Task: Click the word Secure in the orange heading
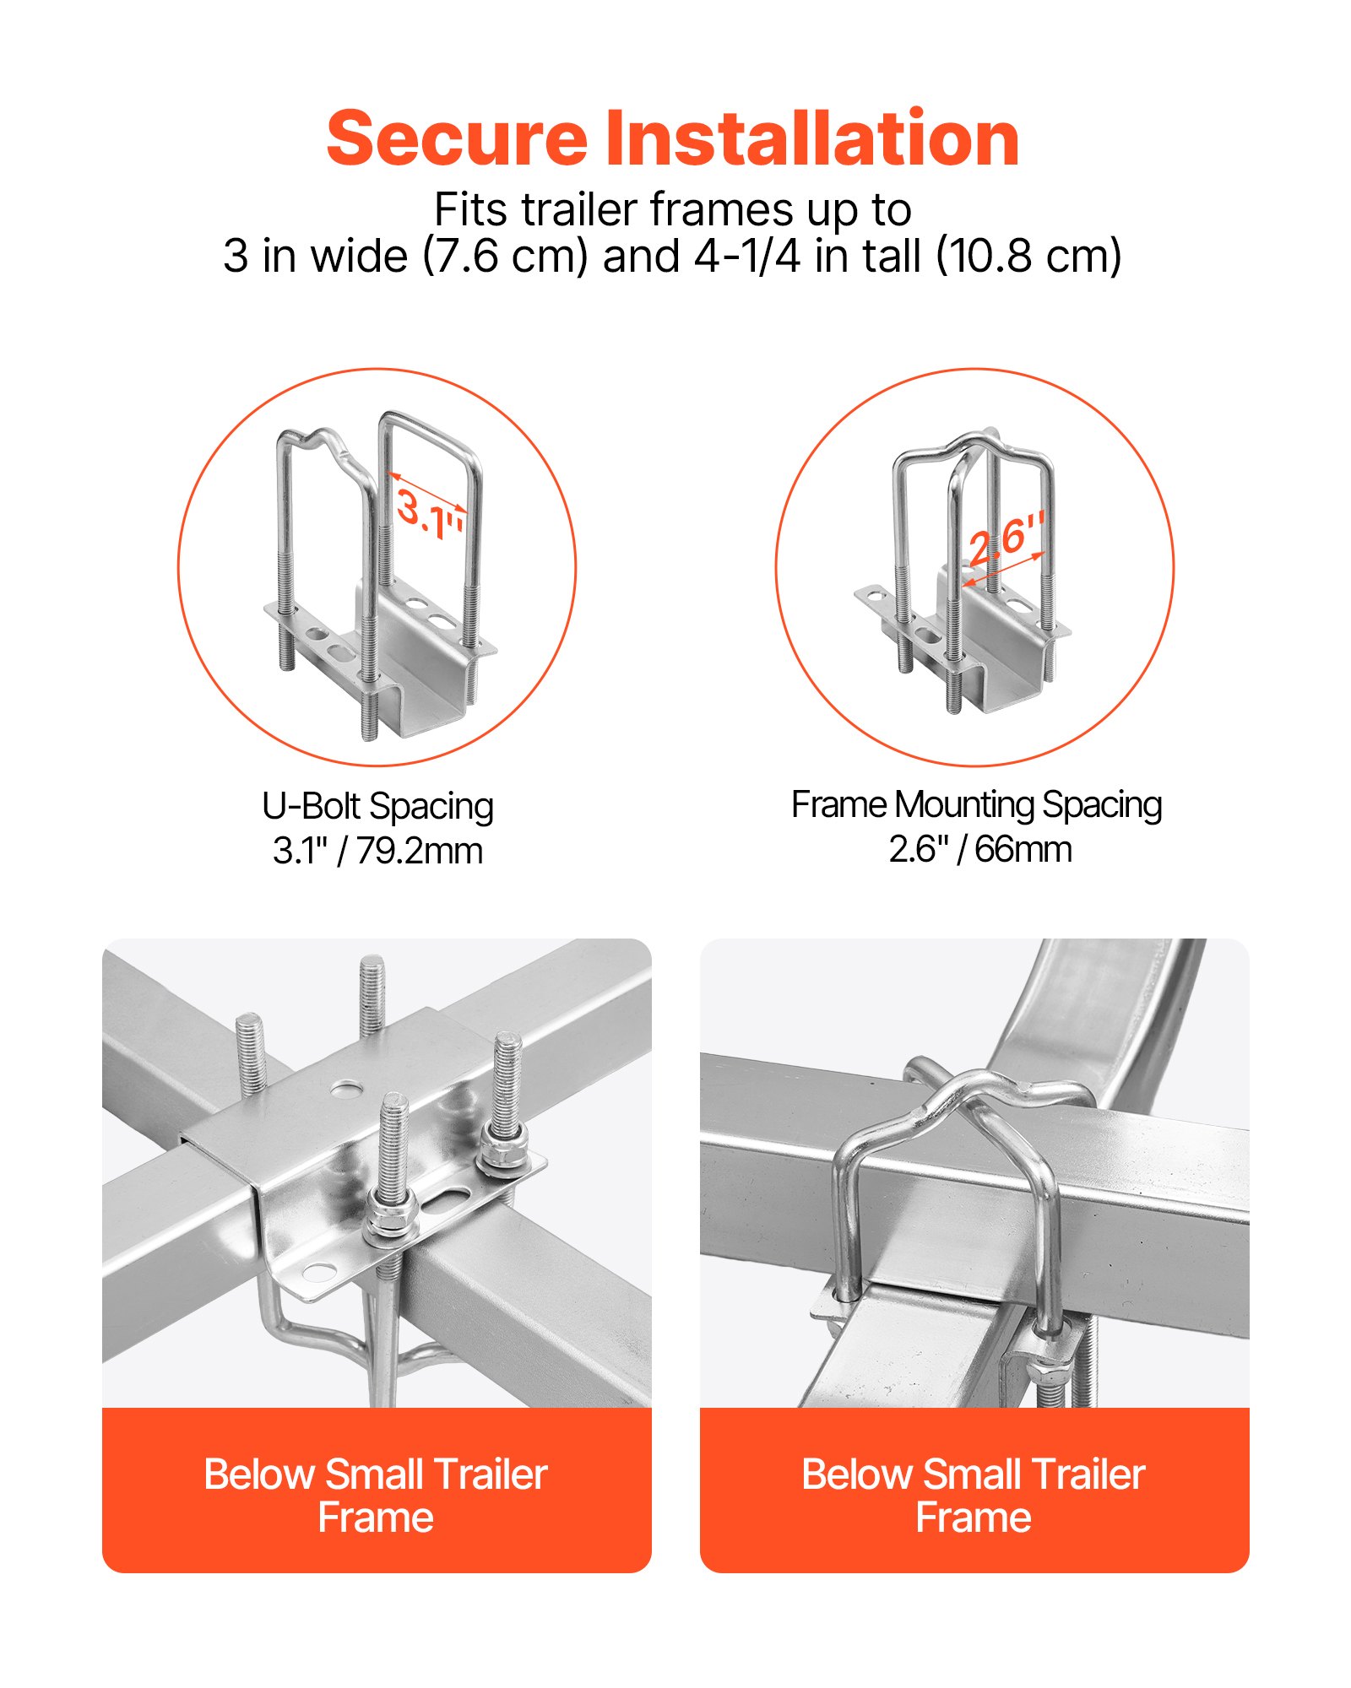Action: (x=456, y=139)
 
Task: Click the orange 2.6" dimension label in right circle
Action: (x=1006, y=538)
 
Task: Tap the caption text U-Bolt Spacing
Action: (x=377, y=806)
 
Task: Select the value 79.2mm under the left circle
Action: (x=419, y=851)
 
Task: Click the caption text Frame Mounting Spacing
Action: (x=976, y=804)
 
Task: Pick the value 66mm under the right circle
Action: (x=1023, y=849)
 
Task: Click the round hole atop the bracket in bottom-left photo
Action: (x=344, y=1090)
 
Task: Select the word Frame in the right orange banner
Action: (x=974, y=1518)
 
